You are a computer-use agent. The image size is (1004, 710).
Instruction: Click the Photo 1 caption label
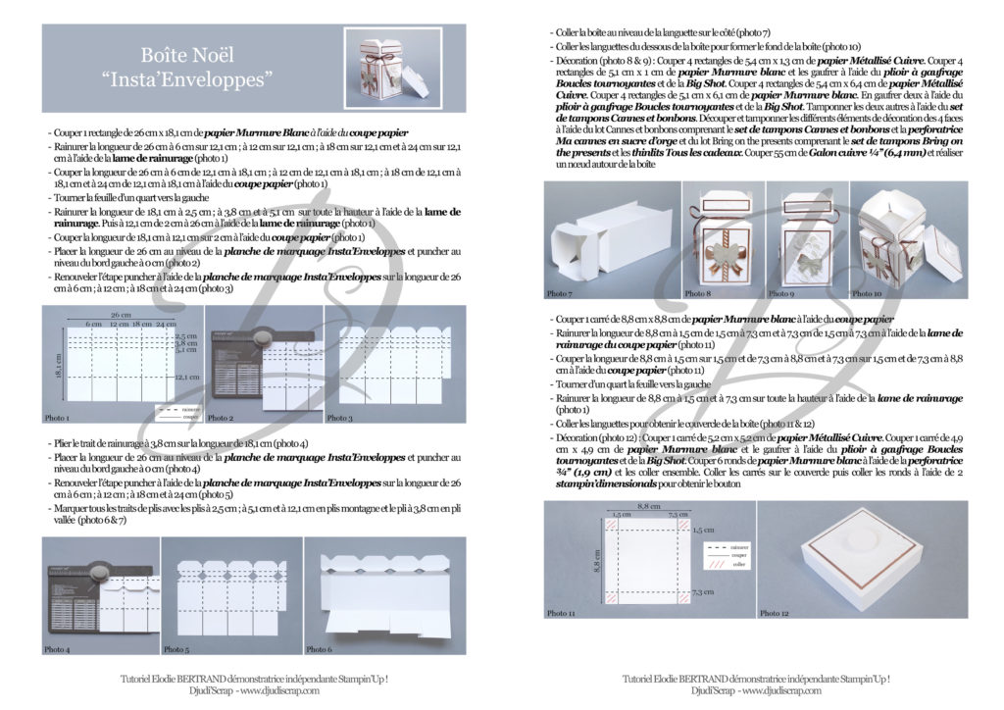click(x=57, y=418)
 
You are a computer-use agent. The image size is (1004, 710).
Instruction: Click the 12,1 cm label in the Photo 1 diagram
click(x=186, y=376)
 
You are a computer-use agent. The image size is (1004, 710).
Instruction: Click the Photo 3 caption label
click(x=339, y=418)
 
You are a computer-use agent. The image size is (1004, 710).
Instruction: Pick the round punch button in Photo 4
click(x=97, y=571)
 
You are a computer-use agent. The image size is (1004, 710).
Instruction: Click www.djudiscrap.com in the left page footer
click(x=278, y=689)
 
